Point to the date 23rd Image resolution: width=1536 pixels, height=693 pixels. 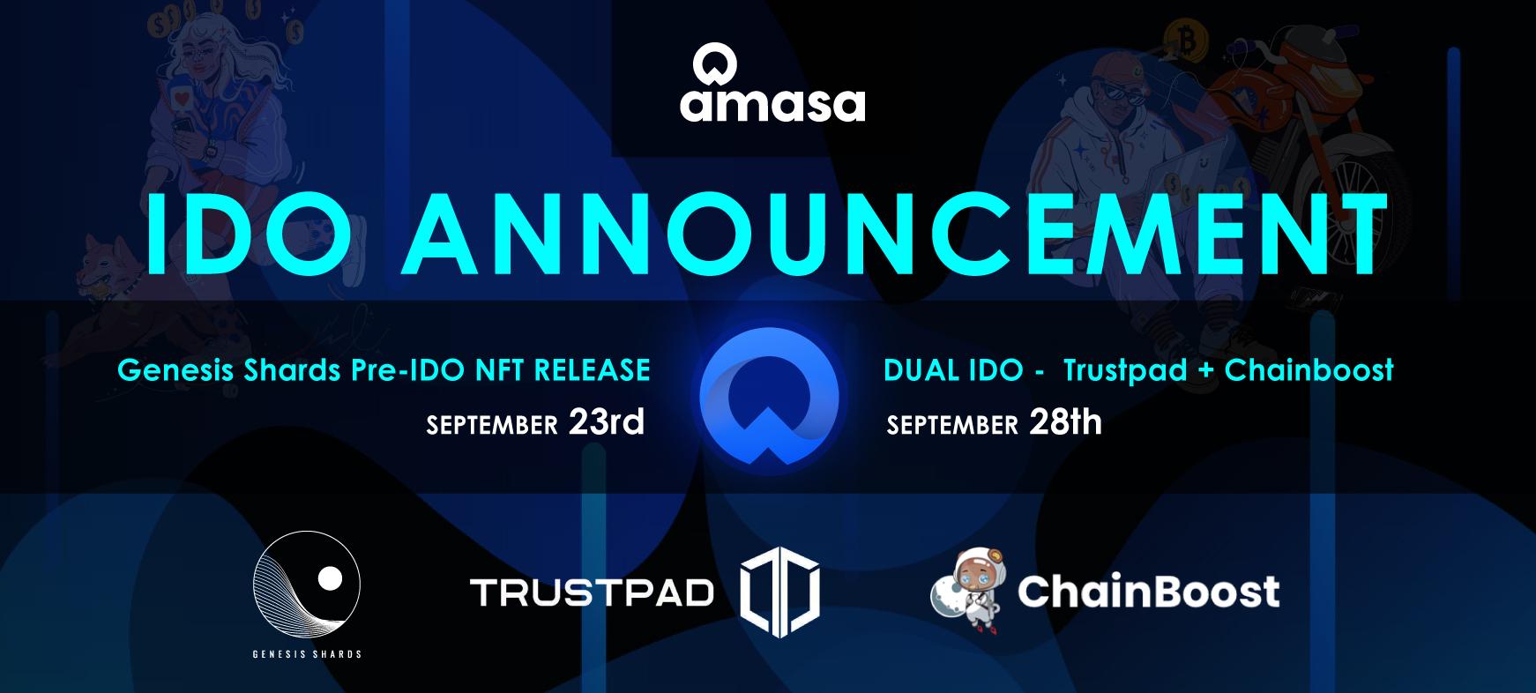click(607, 422)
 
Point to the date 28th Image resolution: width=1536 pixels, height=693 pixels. click(1065, 422)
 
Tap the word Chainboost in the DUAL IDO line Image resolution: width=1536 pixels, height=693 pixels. click(1309, 369)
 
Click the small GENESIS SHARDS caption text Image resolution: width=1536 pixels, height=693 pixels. click(307, 654)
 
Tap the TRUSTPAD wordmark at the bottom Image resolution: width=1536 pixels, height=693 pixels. click(592, 592)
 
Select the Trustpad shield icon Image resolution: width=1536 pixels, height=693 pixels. click(779, 591)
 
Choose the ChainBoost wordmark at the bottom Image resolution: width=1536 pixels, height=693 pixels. click(1148, 591)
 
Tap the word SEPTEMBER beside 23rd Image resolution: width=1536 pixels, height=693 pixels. click(492, 426)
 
